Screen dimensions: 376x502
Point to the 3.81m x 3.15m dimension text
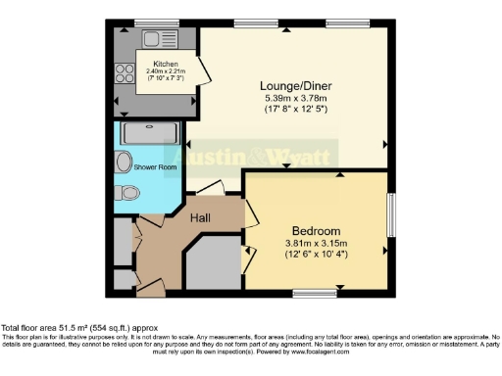click(x=316, y=244)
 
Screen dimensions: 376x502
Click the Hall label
click(x=201, y=217)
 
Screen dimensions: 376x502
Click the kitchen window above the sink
click(x=150, y=23)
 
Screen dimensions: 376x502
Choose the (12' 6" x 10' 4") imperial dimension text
click(x=316, y=256)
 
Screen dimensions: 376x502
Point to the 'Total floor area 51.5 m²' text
click(x=59, y=328)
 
